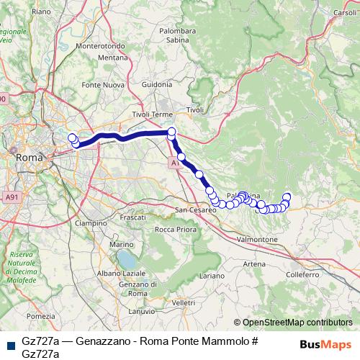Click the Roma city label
pos(30,156)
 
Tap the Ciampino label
pos(90,223)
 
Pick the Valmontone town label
pos(257,238)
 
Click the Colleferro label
pos(302,274)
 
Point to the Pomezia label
pos(40,316)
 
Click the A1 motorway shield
pos(175,163)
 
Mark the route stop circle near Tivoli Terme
pos(171,132)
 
